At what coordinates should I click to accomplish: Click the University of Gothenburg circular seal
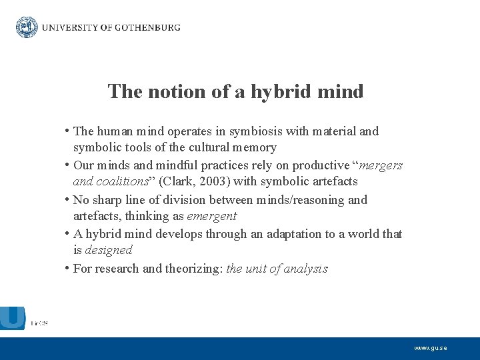(27, 27)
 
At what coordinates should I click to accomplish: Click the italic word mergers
(381, 165)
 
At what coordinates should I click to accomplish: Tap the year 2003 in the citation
(215, 181)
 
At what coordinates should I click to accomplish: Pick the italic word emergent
(212, 216)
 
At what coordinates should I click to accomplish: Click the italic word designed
(109, 250)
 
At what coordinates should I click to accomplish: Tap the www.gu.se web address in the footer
(430, 348)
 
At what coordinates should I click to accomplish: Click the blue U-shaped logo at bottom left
(12, 317)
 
